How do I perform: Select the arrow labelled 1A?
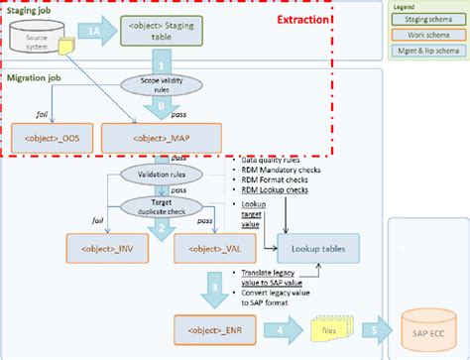click(92, 33)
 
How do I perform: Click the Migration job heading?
click(35, 76)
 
